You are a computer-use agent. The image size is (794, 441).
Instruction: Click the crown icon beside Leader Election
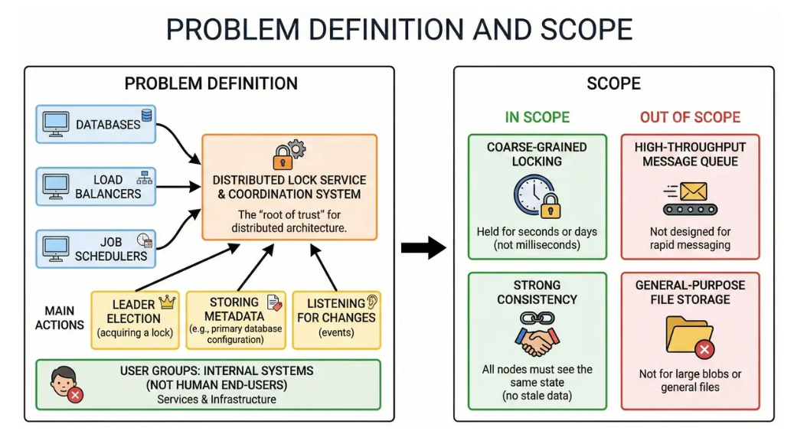coord(167,302)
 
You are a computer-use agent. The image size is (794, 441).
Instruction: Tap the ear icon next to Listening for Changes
coord(372,302)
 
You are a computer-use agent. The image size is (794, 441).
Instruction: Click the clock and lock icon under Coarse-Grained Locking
coord(537,197)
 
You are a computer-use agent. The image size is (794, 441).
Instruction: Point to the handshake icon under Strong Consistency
coord(538,335)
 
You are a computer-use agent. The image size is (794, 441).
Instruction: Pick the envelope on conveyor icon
coord(690,198)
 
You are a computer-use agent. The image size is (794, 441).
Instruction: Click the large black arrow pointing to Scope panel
coord(423,247)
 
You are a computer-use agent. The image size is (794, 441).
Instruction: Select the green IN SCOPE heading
coord(538,117)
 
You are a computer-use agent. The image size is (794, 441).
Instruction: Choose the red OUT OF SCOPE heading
coord(690,117)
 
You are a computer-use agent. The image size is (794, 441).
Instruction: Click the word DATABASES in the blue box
coord(108,125)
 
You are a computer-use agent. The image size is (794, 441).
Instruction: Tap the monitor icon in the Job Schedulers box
coord(55,249)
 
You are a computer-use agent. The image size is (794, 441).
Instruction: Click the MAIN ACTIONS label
coord(59,318)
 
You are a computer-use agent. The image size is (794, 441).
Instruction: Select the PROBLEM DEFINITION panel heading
coord(211,83)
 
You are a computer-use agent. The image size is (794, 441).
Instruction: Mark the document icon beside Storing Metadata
coord(274,302)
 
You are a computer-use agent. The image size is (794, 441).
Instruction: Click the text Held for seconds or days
coord(537,232)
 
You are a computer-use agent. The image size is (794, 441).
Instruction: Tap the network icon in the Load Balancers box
coord(144,178)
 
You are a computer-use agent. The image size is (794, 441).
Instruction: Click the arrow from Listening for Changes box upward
coord(323,267)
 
